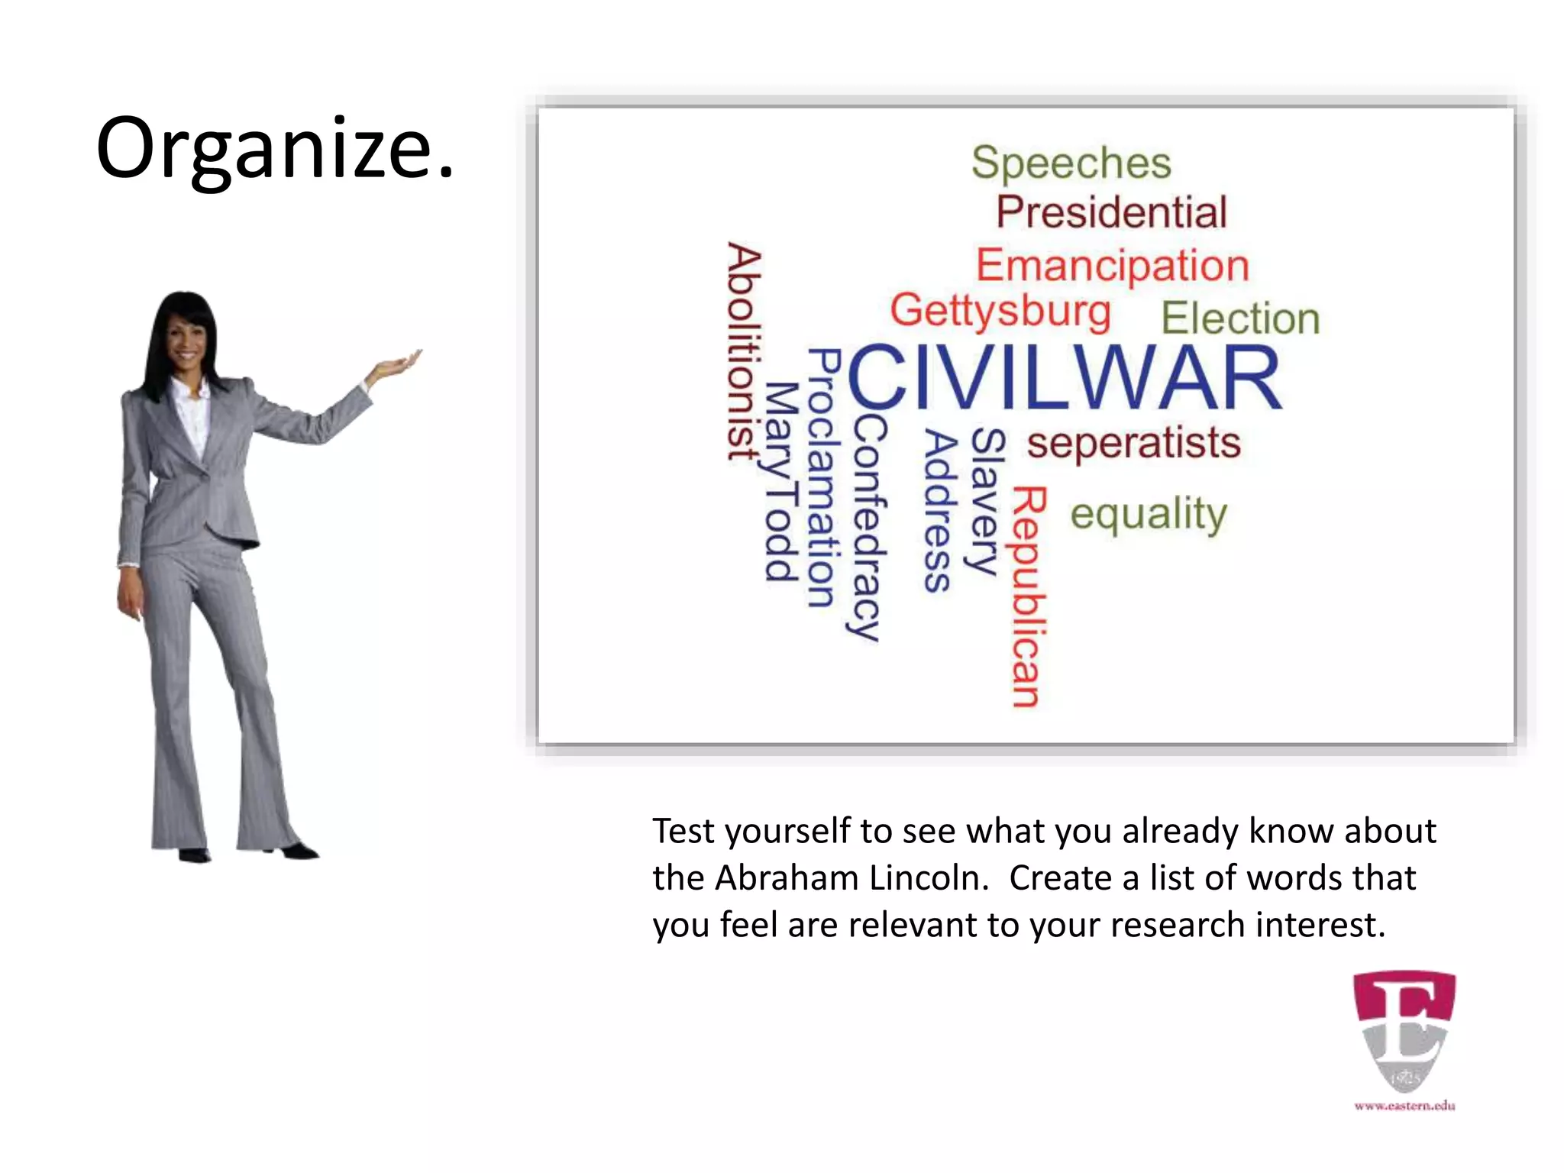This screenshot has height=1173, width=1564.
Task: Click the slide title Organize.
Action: click(275, 149)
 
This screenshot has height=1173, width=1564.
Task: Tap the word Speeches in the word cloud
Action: click(1071, 163)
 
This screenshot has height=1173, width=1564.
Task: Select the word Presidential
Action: click(1111, 212)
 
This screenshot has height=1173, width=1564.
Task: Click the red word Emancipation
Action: click(1112, 265)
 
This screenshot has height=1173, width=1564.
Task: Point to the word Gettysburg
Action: click(1000, 311)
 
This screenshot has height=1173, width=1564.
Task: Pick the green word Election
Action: click(1240, 318)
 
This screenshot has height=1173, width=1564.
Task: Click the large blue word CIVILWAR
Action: click(1065, 378)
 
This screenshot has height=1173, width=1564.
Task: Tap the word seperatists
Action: click(1133, 443)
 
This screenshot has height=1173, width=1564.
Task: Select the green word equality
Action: click(1148, 514)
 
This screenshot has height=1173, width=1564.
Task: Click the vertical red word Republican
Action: click(1028, 597)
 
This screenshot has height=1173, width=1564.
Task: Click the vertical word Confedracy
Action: click(868, 527)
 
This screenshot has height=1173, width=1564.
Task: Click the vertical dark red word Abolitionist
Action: click(742, 351)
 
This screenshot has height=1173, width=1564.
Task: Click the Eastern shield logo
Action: click(1404, 1031)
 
